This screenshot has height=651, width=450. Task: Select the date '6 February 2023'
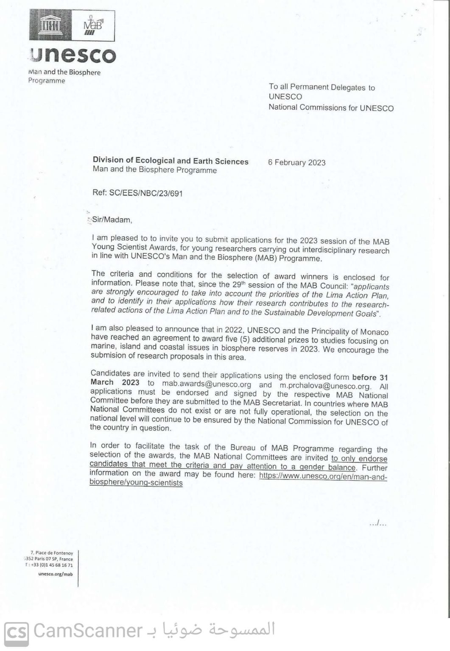297,162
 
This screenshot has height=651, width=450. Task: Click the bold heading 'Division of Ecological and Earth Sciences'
170,161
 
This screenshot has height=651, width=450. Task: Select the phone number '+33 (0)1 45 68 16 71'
51,565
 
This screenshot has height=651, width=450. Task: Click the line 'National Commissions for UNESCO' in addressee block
331,108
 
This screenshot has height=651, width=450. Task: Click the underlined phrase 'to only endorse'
359,459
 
